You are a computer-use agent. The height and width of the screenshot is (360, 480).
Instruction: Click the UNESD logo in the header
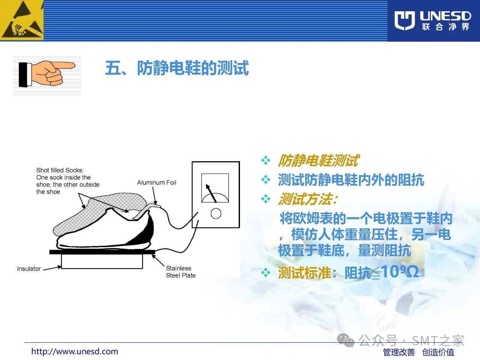(432, 20)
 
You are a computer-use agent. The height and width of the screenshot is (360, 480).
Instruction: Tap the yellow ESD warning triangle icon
(21, 20)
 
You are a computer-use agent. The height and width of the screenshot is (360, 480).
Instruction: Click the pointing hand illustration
(47, 74)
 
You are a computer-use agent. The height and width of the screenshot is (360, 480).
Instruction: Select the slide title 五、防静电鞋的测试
(177, 68)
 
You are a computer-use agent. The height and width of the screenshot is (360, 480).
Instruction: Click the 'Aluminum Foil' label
(157, 183)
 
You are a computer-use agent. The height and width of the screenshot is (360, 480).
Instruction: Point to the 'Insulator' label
(29, 268)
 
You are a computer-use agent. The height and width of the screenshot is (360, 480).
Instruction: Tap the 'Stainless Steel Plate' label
(181, 272)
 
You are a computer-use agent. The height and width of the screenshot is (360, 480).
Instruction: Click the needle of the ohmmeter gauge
(211, 193)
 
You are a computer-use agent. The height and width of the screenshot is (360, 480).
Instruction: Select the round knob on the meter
(216, 213)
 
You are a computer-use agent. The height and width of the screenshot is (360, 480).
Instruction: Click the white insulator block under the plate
(102, 261)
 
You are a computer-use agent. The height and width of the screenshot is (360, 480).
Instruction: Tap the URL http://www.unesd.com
(75, 351)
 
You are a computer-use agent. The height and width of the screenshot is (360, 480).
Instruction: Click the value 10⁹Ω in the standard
(400, 271)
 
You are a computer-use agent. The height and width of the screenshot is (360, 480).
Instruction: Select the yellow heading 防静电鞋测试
(318, 160)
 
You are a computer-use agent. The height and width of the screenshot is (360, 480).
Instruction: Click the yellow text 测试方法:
(307, 199)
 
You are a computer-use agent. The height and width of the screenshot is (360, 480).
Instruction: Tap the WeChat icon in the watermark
(345, 340)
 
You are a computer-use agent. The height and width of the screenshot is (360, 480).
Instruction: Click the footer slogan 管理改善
(399, 352)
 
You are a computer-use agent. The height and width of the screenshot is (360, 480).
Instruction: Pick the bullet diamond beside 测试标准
(266, 273)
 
